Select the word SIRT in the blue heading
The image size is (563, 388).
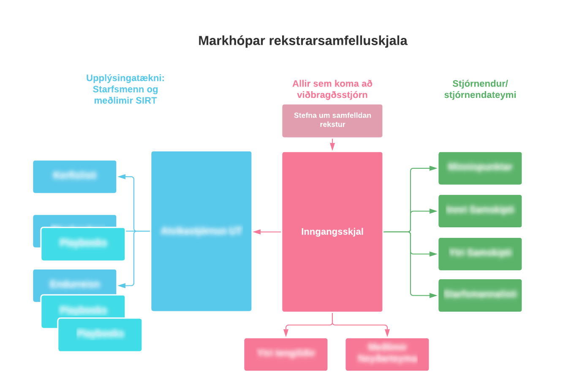pyautogui.click(x=147, y=101)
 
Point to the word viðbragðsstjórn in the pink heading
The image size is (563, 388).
pyautogui.click(x=332, y=95)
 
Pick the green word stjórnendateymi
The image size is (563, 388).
pyautogui.click(x=480, y=95)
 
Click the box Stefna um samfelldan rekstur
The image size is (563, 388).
pyautogui.click(x=332, y=121)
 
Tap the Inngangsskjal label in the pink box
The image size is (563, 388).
pyautogui.click(x=332, y=232)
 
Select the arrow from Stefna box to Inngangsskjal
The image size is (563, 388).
pyautogui.click(x=332, y=145)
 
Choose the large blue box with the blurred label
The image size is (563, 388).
pyautogui.click(x=201, y=231)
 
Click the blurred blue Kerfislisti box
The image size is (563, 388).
pyautogui.click(x=75, y=176)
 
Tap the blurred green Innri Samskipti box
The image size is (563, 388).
pyautogui.click(x=480, y=211)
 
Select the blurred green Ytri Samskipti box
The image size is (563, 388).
pyautogui.click(x=480, y=254)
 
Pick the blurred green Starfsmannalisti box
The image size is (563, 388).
pyautogui.click(x=480, y=295)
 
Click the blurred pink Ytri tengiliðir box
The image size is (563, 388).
pyautogui.click(x=286, y=354)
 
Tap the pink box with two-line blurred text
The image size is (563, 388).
pyautogui.click(x=387, y=354)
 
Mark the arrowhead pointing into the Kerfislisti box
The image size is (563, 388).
pyautogui.click(x=121, y=177)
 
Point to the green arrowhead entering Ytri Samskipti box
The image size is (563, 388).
pyautogui.click(x=433, y=254)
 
